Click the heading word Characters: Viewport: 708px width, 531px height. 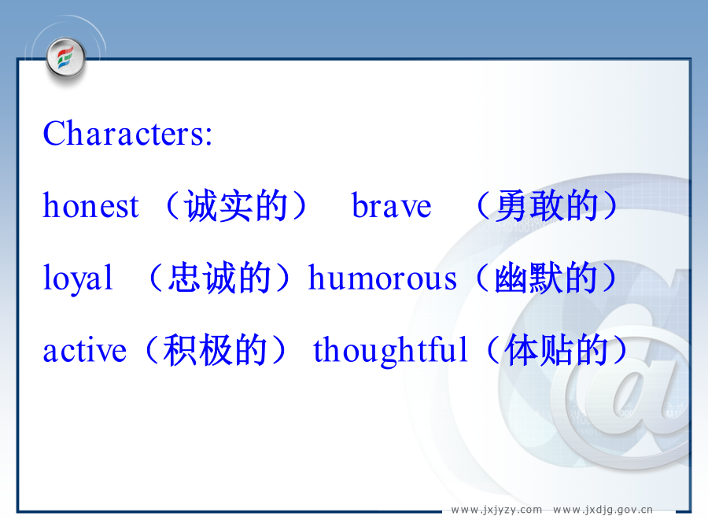tap(127, 133)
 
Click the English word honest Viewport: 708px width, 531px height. tap(90, 206)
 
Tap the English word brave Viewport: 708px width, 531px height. tap(392, 206)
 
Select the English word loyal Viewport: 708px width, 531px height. tap(77, 278)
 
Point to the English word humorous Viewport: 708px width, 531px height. tap(382, 278)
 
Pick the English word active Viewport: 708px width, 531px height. tap(84, 350)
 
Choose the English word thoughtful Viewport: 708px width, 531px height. tap(390, 350)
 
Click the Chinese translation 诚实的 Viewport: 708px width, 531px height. tap(237, 206)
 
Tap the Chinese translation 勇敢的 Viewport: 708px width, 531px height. tap(547, 206)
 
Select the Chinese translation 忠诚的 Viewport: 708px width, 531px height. tap(219, 278)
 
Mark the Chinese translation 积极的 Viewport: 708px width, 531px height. tap(215, 350)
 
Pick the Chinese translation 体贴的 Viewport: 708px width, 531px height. tap(556, 350)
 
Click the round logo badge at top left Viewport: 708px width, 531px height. tap(66, 57)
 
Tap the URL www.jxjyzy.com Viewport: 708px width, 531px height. tap(496, 510)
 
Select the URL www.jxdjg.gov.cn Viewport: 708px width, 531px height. tap(603, 510)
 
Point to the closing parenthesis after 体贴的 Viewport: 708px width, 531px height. tap(621, 350)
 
